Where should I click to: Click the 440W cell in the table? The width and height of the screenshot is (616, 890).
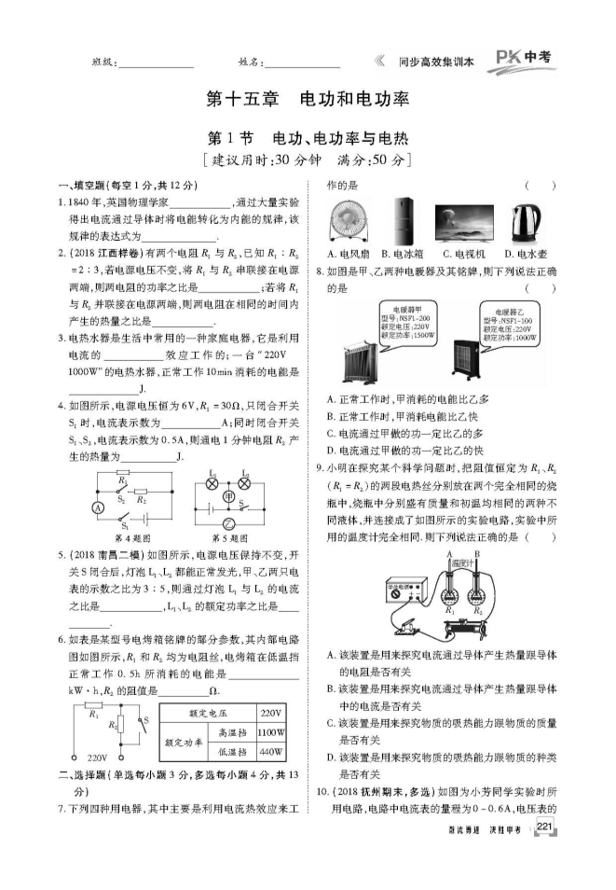pos(270,751)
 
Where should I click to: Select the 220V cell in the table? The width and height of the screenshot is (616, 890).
pos(270,710)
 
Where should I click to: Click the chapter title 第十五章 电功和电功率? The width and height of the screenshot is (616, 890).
pos(308,99)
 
